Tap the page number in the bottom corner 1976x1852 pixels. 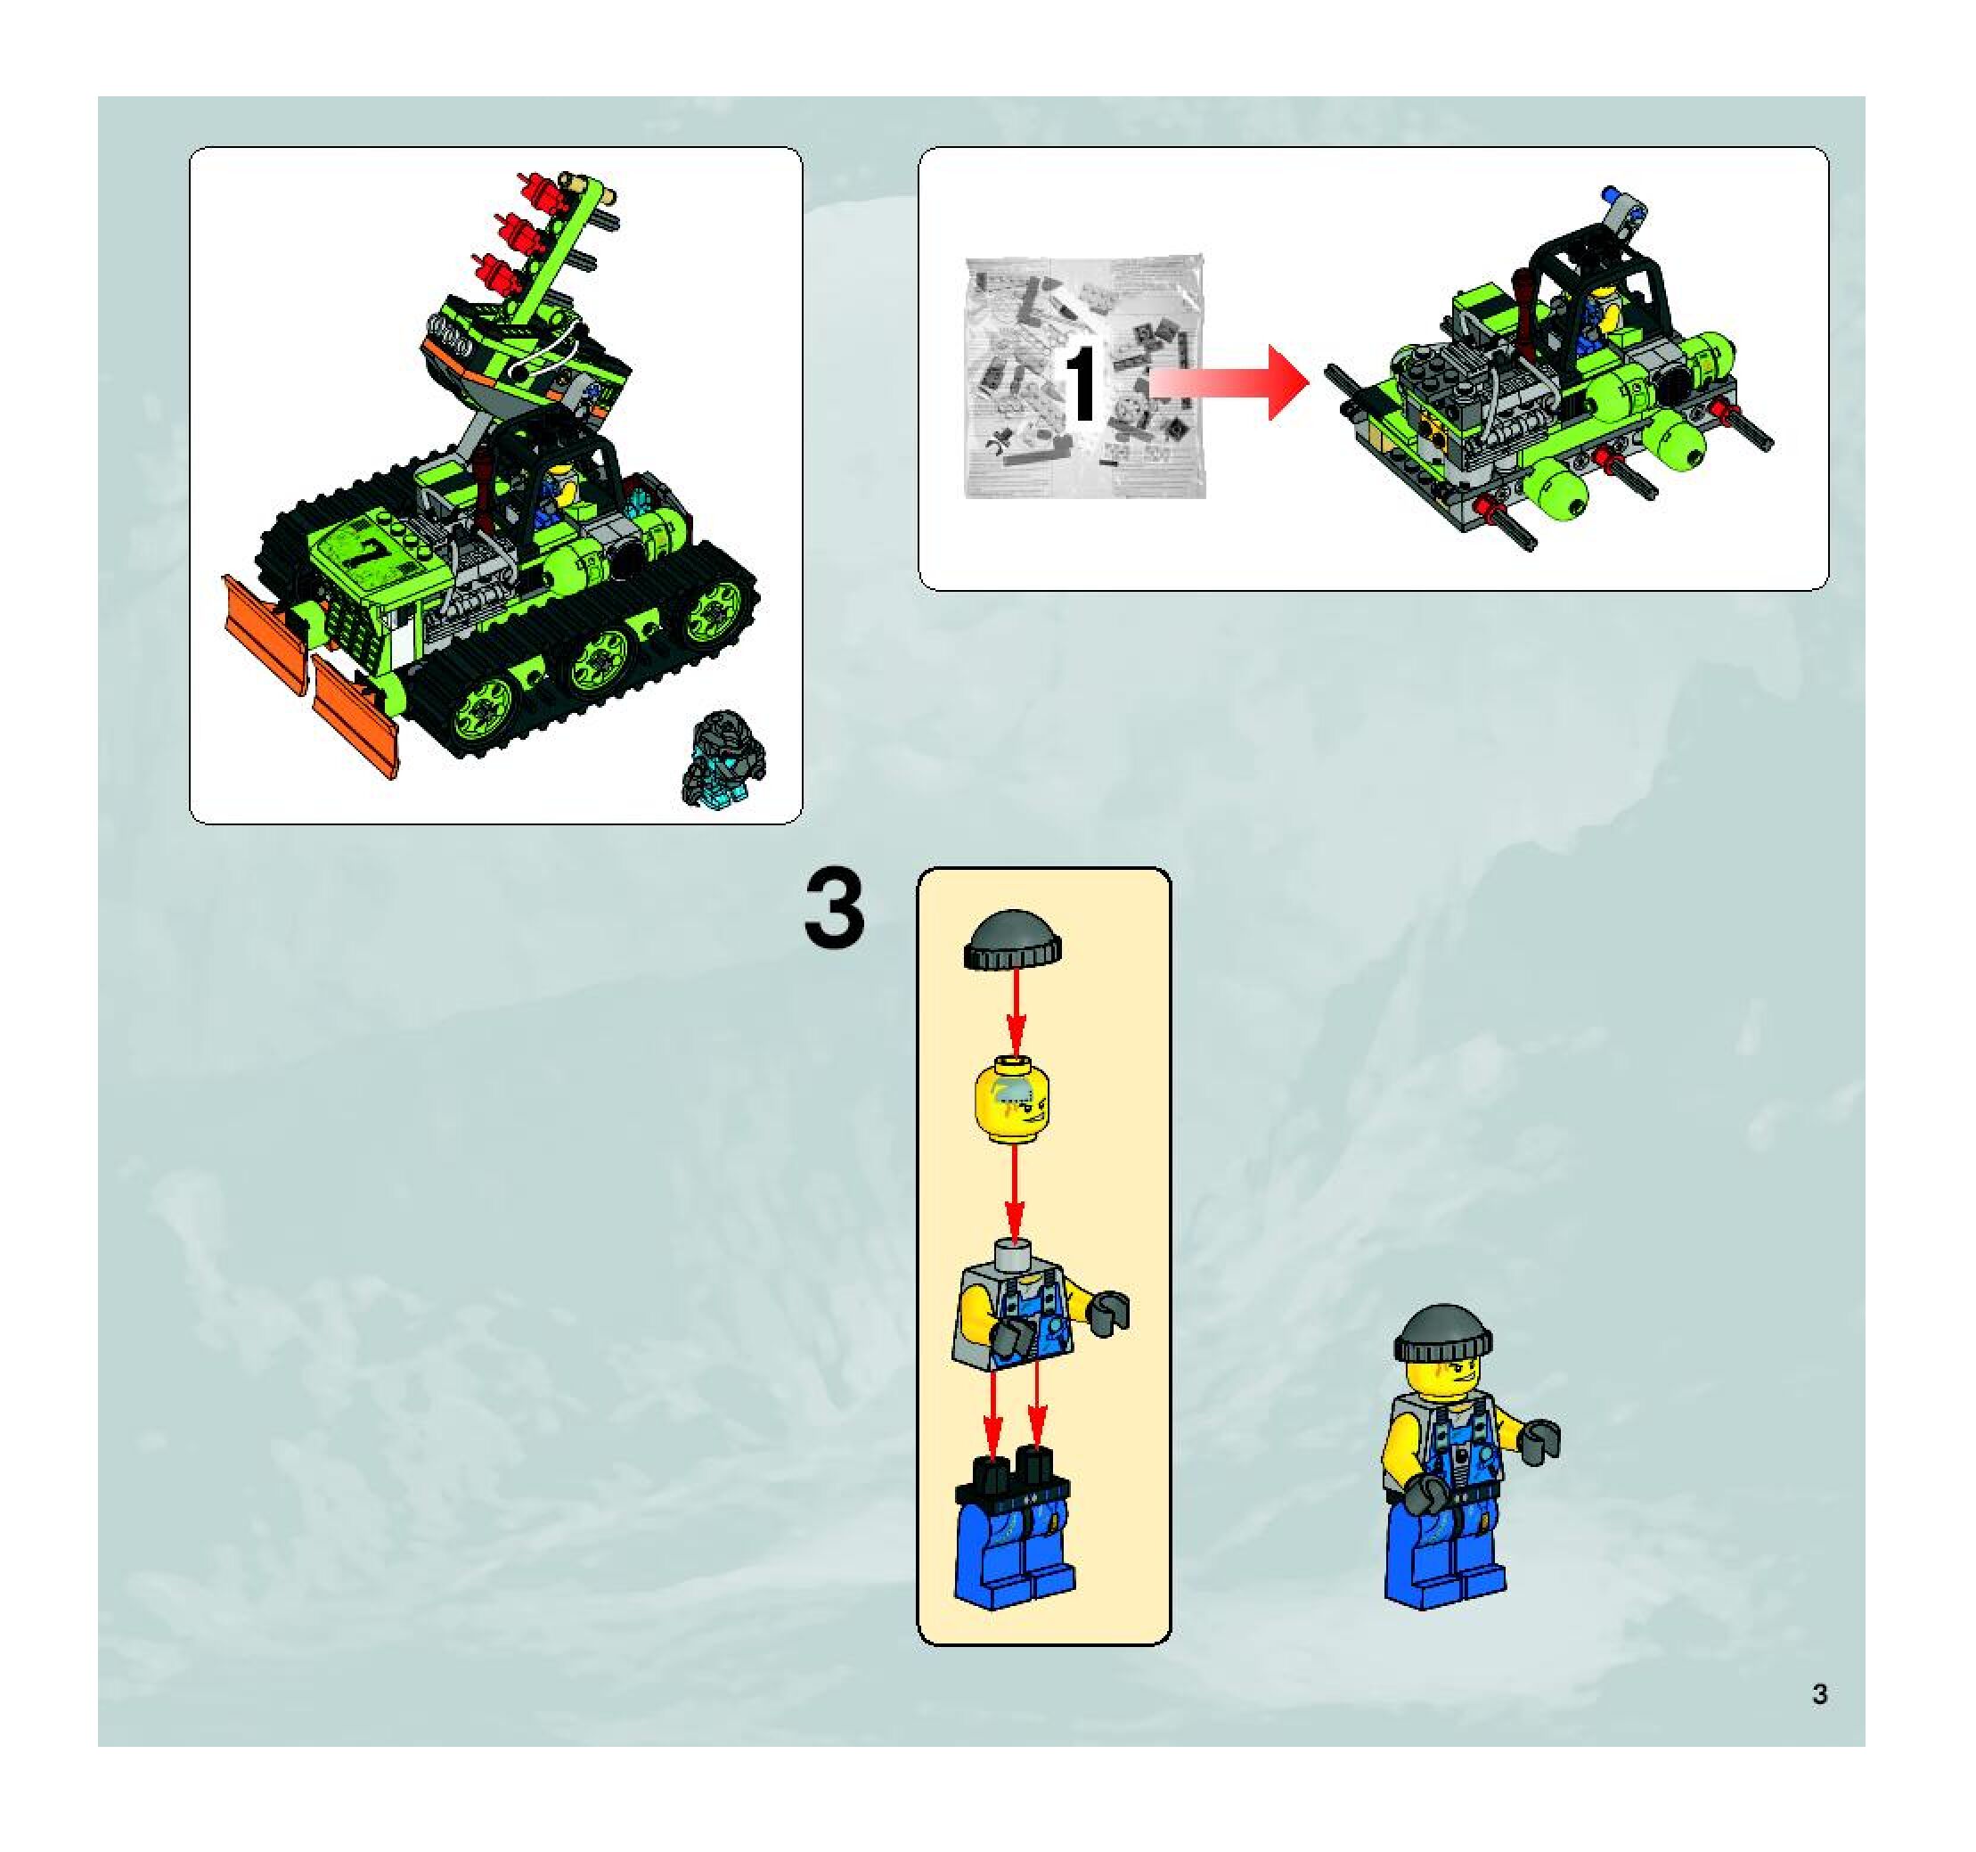[1820, 1694]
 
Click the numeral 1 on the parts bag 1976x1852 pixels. [1082, 385]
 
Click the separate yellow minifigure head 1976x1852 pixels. [1014, 1101]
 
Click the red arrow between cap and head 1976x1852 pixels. [1015, 1009]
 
